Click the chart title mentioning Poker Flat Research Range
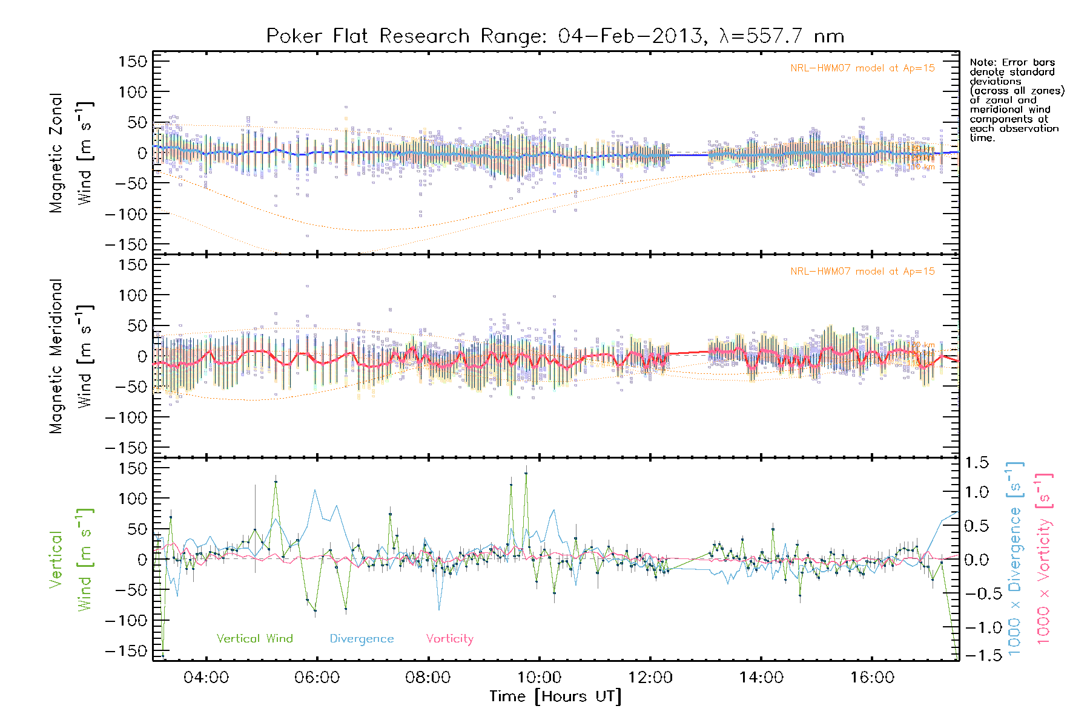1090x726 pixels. (x=555, y=36)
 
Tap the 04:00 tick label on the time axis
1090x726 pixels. (x=206, y=678)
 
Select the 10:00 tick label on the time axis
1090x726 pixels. (x=539, y=678)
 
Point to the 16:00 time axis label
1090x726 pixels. (x=872, y=678)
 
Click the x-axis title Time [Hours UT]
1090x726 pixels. (x=555, y=696)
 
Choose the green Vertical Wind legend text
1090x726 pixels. (x=254, y=638)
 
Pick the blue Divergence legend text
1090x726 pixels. (x=362, y=638)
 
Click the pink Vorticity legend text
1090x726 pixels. (x=449, y=638)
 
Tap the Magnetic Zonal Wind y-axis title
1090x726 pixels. (x=71, y=153)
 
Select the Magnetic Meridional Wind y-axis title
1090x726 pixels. (x=71, y=356)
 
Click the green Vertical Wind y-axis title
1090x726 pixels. (x=71, y=560)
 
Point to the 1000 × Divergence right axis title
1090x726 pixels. (x=1015, y=560)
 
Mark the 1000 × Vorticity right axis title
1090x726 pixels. (x=1044, y=560)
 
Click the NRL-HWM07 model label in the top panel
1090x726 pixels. (x=862, y=68)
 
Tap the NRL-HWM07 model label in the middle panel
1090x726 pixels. (x=862, y=272)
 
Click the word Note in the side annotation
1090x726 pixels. (x=982, y=62)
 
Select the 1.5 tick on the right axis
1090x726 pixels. (x=977, y=463)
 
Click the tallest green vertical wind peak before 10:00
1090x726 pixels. (x=526, y=474)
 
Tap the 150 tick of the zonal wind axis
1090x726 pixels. (x=133, y=61)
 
